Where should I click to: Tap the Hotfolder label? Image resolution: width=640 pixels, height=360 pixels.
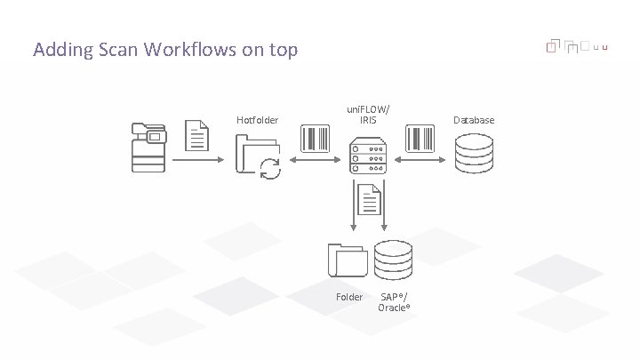[257, 120]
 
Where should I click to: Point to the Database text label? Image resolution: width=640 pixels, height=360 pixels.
[474, 120]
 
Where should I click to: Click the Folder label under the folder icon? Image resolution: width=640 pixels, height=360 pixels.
[349, 297]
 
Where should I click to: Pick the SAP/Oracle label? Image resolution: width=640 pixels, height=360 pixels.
[394, 301]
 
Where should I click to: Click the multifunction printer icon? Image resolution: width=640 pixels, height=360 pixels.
[148, 147]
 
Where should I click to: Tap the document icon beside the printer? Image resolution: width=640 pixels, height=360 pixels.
[197, 135]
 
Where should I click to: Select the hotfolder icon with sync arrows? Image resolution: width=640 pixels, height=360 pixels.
[258, 156]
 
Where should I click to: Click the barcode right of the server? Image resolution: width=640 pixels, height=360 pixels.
[420, 139]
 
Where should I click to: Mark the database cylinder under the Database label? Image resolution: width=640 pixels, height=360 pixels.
[474, 153]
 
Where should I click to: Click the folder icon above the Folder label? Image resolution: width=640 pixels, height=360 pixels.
[347, 260]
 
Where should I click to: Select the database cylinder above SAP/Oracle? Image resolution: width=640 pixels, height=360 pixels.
[394, 260]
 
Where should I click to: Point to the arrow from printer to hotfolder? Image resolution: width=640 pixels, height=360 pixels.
[197, 160]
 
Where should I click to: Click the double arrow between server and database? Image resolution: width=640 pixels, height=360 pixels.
[420, 160]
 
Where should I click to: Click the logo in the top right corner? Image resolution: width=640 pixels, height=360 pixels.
[576, 45]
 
